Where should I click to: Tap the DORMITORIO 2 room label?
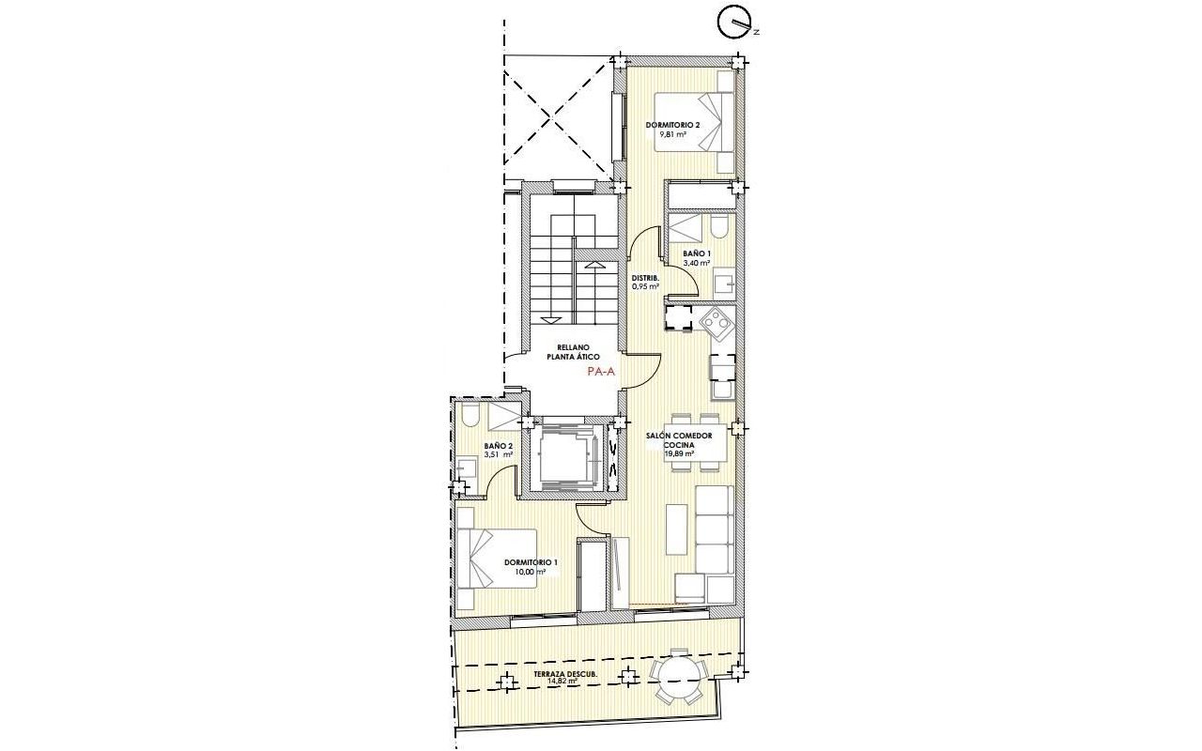click(672, 125)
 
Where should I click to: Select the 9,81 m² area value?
click(673, 134)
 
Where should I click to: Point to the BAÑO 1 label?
click(697, 253)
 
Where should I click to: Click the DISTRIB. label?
click(645, 278)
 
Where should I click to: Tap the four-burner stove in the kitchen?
click(717, 323)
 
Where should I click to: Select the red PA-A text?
click(601, 371)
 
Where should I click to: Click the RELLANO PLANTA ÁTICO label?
click(573, 352)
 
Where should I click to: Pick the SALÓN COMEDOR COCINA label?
click(679, 440)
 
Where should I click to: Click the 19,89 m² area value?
click(679, 453)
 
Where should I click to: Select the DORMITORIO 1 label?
click(531, 562)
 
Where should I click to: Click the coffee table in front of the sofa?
click(676, 529)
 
